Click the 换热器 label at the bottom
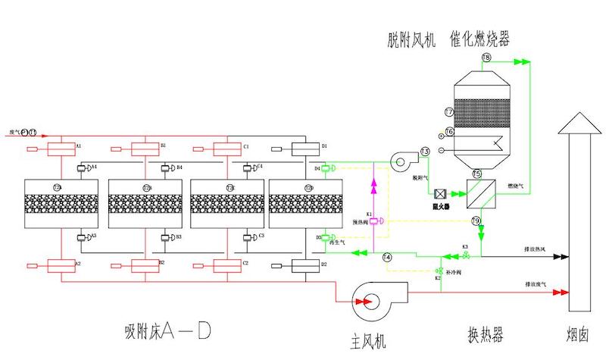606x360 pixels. click(x=480, y=335)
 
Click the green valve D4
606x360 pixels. click(x=326, y=167)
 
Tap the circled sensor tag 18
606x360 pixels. click(x=486, y=58)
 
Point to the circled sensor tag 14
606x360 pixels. click(x=387, y=258)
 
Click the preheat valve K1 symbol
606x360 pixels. click(x=372, y=221)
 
